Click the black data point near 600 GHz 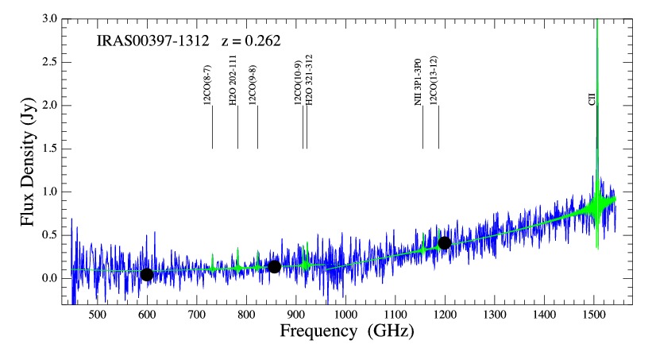pos(146,275)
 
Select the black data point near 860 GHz pos(274,267)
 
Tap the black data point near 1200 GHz pos(445,243)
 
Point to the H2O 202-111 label pos(233,80)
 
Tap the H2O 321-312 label pos(309,80)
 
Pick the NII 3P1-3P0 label pos(419,82)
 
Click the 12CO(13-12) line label pos(434,80)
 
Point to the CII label pos(592,99)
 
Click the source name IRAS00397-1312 pos(152,41)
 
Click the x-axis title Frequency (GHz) pos(347,331)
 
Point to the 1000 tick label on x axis pos(345,315)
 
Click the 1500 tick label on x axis pos(594,315)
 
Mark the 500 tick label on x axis pos(97,315)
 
